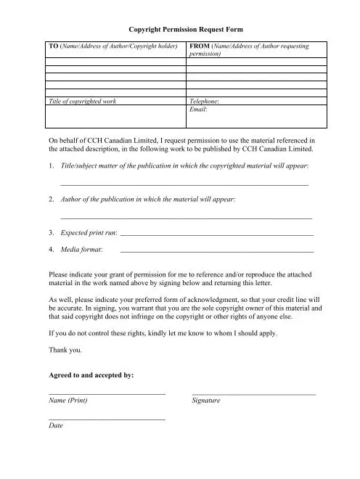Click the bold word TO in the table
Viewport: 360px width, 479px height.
53,46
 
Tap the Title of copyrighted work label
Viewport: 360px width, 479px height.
82,101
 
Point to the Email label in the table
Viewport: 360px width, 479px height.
197,109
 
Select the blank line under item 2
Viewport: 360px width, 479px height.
186,218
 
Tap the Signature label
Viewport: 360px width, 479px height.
205,400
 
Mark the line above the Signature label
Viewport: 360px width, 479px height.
253,393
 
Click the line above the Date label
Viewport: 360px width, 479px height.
107,419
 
